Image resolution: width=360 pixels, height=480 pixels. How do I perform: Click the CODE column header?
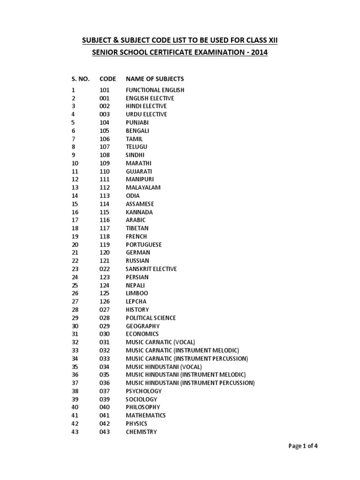coord(107,79)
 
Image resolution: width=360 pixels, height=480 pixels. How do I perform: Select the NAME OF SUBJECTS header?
coord(155,79)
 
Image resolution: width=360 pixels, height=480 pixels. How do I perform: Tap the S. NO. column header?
coord(80,79)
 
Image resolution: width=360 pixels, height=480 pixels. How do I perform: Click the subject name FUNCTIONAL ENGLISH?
coord(155,90)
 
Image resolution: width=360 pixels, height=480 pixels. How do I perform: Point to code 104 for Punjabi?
coord(105,122)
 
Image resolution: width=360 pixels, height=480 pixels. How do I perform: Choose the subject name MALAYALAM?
coord(143,187)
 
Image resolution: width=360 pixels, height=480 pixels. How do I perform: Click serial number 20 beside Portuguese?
coord(75,245)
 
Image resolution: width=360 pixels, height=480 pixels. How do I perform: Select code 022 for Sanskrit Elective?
coord(105,269)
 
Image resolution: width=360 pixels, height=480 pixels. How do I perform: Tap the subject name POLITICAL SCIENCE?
coord(151,318)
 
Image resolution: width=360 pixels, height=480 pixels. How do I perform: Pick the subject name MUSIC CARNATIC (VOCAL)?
coord(160,342)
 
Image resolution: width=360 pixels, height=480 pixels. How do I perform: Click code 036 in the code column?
coord(105,383)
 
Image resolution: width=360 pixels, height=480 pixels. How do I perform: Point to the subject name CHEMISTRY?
coord(141,432)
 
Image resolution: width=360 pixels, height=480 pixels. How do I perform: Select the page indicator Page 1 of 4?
coord(303,446)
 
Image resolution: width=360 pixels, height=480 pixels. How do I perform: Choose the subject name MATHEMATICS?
coord(146,415)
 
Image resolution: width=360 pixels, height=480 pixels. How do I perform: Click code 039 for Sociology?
coord(105,399)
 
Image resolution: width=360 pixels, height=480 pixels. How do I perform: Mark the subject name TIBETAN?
coord(137,228)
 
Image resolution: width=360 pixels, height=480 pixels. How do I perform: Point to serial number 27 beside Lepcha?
coord(75,301)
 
